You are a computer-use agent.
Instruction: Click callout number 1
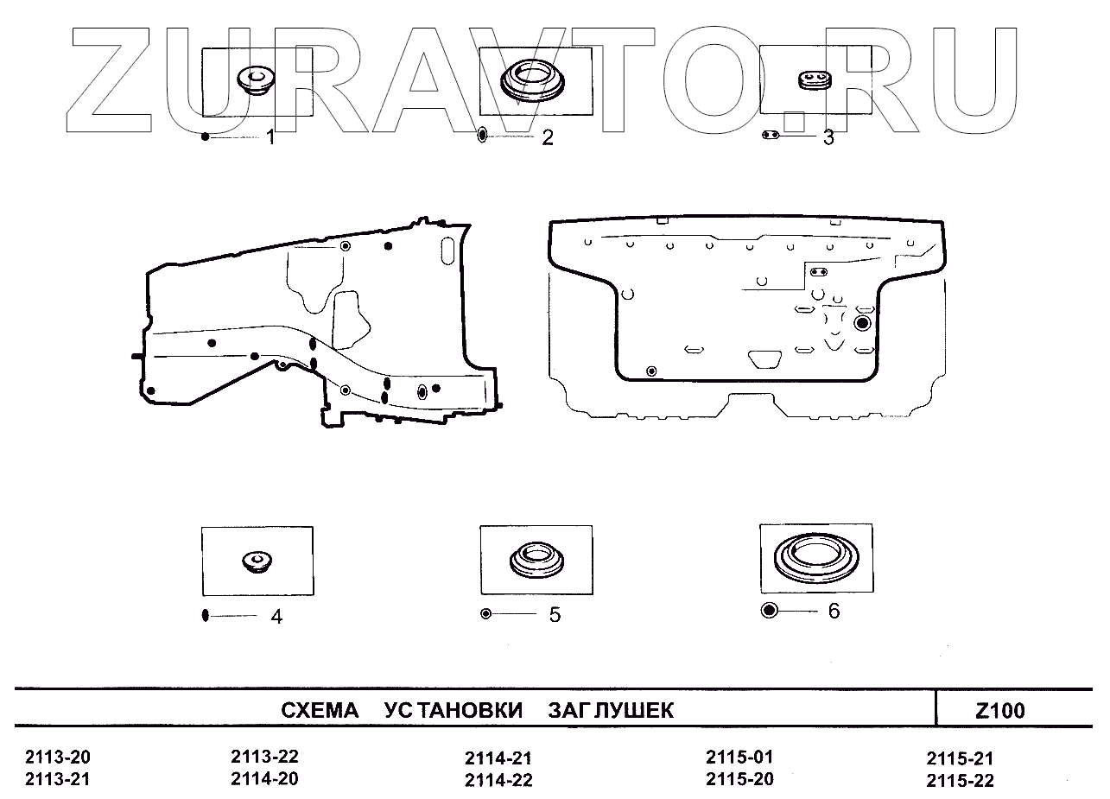point(270,136)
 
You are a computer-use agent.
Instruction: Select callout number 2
point(547,137)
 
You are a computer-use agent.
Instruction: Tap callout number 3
point(828,136)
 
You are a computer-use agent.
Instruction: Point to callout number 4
point(276,617)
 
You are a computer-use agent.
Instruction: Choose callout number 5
point(555,615)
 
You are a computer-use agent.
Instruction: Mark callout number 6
point(834,611)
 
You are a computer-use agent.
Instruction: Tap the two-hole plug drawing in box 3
point(812,80)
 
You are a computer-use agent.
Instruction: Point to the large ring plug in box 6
point(815,559)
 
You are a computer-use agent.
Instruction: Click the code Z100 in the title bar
point(1000,712)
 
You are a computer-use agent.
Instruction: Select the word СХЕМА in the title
point(320,711)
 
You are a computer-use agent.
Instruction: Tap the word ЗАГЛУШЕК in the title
point(611,711)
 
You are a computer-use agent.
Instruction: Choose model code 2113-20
point(58,758)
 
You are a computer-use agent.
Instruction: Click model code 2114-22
point(498,781)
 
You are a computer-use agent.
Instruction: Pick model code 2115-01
point(739,757)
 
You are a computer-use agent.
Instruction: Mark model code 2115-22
point(960,782)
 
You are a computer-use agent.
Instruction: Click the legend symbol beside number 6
point(770,611)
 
